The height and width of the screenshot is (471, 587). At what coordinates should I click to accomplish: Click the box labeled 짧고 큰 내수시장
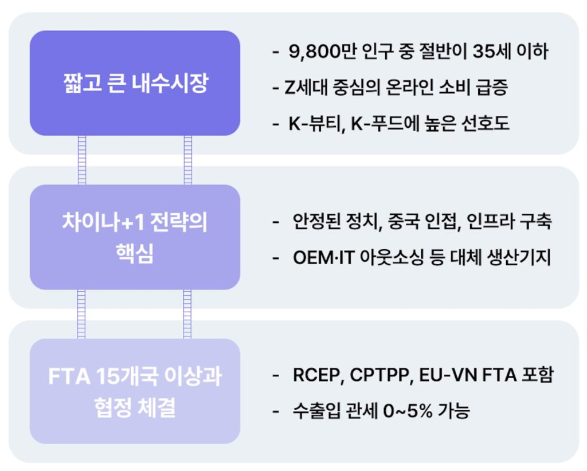135,83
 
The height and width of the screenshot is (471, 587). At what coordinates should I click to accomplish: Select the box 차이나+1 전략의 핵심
135,237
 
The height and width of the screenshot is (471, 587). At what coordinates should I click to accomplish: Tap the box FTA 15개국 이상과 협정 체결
135,391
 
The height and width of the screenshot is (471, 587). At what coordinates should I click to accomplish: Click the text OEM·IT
323,258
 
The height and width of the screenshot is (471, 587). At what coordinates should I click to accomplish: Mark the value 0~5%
408,411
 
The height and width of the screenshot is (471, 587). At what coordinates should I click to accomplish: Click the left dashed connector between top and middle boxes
82,160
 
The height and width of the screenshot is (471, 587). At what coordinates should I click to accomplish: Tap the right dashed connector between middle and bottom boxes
187,314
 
